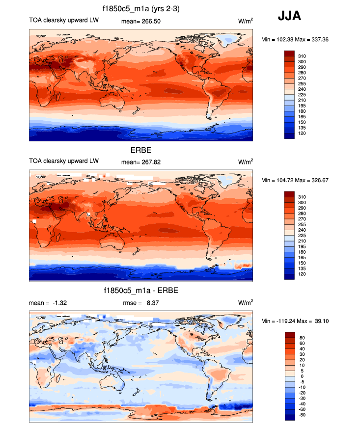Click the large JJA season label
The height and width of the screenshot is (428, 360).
tap(289, 16)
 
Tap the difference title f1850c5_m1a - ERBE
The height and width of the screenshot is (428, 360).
tap(141, 291)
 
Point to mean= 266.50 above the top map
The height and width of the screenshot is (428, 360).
tap(141, 21)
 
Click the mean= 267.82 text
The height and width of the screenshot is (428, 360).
tap(141, 161)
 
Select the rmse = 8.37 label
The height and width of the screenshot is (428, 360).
tap(141, 303)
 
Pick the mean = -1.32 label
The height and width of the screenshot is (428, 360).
tap(48, 303)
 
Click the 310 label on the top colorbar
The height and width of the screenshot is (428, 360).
tap(302, 56)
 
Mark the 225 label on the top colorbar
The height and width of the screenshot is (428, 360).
tap(302, 95)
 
